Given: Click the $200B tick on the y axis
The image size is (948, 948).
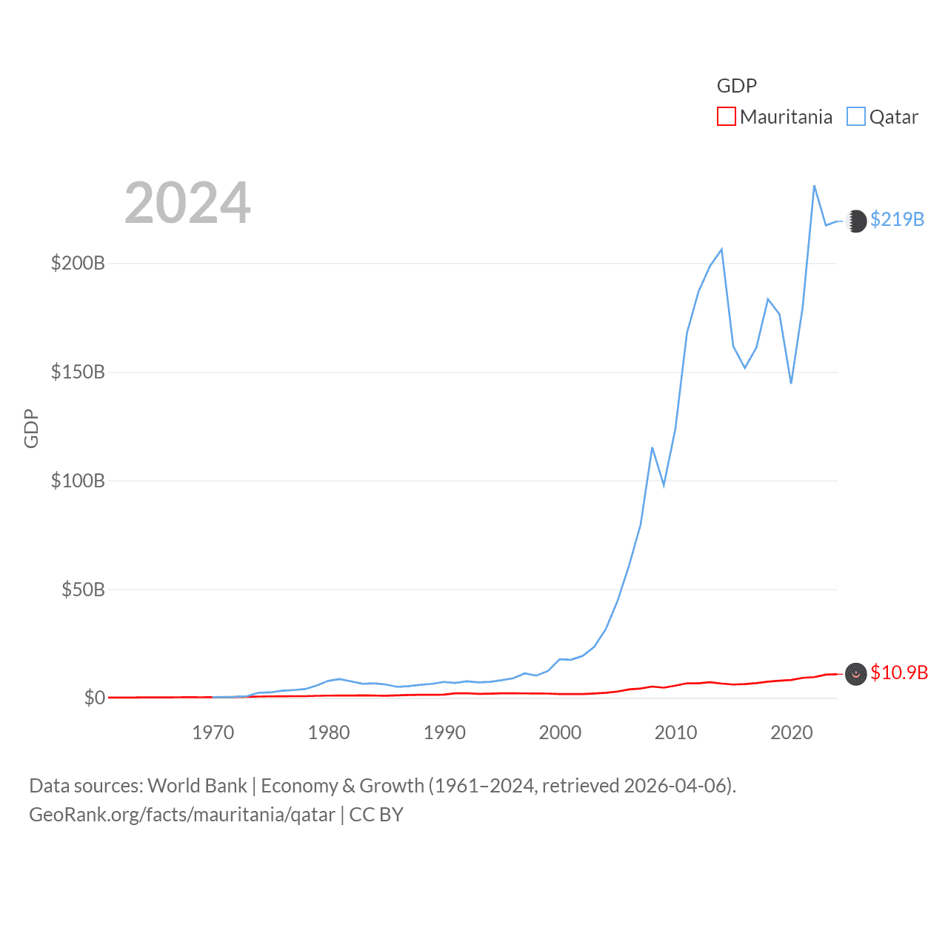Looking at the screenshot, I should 78,263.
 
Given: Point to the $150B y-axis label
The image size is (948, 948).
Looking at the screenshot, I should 78,372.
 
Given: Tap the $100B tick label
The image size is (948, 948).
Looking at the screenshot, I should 78,481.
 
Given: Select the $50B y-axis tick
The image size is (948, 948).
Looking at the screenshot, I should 83,590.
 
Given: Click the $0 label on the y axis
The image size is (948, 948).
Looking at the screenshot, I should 95,698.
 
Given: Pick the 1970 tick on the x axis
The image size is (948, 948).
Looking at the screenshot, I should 213,732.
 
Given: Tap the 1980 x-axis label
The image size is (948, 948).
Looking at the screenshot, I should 329,732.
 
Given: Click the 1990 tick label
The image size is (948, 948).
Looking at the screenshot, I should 444,732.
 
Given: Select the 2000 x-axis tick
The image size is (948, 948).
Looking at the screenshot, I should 560,732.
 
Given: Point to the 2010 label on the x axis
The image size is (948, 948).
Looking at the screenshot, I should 675,732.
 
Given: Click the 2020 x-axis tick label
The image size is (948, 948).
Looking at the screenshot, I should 792,732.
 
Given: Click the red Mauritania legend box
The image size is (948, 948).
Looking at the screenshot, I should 727,117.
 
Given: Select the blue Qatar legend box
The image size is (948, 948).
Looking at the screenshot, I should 856,117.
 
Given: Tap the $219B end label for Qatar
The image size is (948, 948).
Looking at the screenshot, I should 897,219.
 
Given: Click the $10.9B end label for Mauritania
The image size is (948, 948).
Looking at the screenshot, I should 899,672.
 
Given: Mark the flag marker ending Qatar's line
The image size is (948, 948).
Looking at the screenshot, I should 855,221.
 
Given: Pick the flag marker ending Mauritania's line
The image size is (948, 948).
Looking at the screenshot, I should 855,674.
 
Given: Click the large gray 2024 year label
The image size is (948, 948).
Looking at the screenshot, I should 187,203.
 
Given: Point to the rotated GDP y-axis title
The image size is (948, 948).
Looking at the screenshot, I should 31,428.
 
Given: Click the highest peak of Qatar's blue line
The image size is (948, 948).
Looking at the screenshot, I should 814,186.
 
